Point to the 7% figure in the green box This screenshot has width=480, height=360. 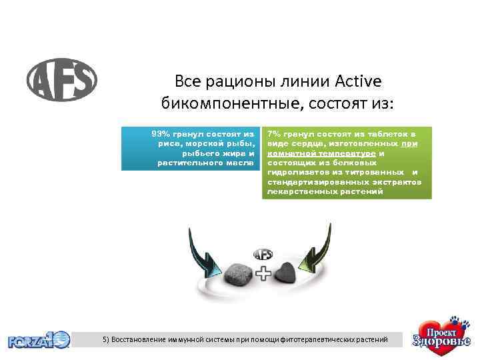pyautogui.click(x=273, y=134)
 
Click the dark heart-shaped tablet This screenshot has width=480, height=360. pyautogui.click(x=290, y=273)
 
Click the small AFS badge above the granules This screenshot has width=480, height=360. pyautogui.click(x=263, y=254)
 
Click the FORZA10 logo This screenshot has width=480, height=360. pyautogui.click(x=39, y=340)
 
